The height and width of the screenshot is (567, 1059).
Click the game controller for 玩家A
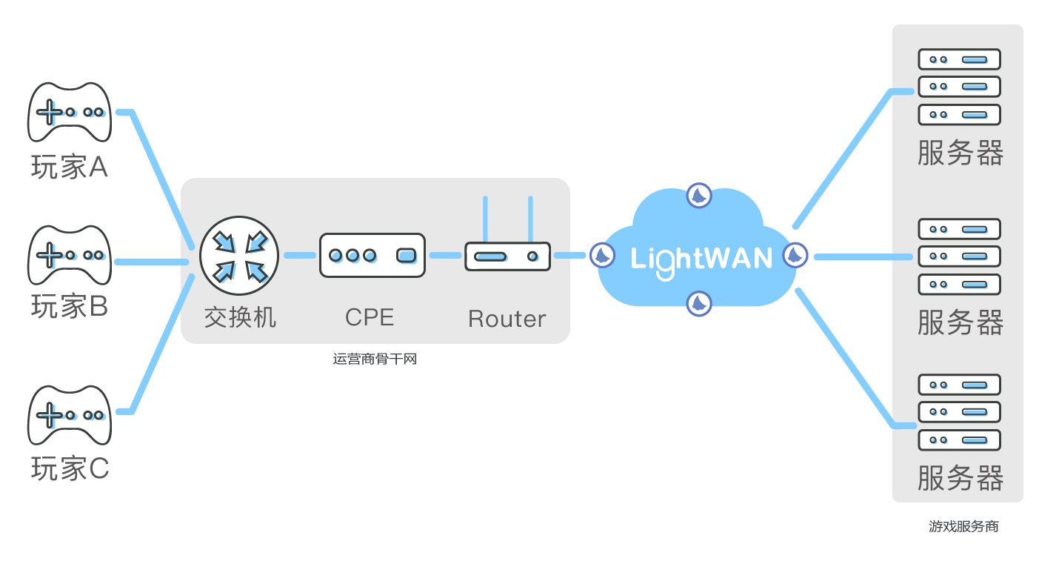coord(70,112)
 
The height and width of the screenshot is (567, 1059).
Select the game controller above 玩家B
coord(70,255)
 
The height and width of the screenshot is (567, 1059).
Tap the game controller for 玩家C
coord(70,414)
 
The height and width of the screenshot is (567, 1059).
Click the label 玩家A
coord(70,168)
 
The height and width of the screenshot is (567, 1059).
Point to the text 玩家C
coord(70,468)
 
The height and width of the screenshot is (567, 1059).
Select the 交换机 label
coord(239,318)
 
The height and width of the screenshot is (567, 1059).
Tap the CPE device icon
coord(372,256)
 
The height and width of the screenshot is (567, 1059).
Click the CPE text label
coord(370,317)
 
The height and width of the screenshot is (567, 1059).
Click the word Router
coord(507,319)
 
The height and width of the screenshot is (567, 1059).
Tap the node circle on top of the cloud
coord(699,196)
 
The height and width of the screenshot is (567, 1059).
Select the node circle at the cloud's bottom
coord(698,302)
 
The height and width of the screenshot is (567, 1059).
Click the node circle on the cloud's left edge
coord(601,256)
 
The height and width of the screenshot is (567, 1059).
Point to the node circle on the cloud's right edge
coord(795,255)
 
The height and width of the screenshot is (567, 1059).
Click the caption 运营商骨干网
coord(375,359)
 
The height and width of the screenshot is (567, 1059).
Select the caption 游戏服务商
coord(963,526)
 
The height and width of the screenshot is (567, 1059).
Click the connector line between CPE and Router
coord(444,256)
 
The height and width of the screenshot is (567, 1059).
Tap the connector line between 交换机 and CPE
coord(299,256)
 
